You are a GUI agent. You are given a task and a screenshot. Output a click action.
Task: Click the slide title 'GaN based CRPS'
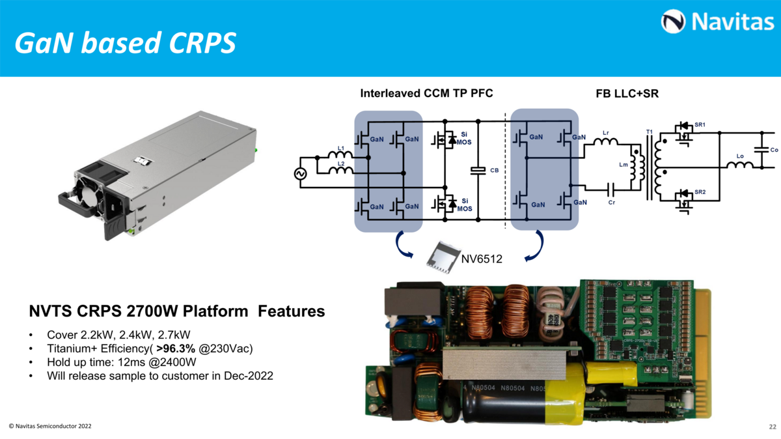(x=125, y=43)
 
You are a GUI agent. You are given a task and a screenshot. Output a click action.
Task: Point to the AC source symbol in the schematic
(x=301, y=174)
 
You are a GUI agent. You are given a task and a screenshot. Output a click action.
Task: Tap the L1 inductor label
(x=340, y=149)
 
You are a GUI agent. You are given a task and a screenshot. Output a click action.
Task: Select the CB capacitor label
(x=494, y=170)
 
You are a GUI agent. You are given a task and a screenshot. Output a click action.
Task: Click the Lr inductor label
(x=606, y=134)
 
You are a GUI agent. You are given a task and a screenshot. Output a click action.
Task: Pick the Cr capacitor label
(x=612, y=203)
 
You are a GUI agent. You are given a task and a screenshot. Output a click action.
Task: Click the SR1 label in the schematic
(x=700, y=123)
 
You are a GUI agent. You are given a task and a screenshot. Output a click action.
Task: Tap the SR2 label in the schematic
(x=700, y=192)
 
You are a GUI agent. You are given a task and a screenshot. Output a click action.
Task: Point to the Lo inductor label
(x=740, y=156)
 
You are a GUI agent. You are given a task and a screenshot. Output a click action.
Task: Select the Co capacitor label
(x=774, y=150)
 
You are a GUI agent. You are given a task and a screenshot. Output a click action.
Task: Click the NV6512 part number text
(x=482, y=259)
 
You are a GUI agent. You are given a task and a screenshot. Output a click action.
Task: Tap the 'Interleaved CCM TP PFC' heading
(x=426, y=94)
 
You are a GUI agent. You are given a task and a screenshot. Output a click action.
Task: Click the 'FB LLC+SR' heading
(x=627, y=94)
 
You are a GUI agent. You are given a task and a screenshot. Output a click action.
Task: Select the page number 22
(x=773, y=427)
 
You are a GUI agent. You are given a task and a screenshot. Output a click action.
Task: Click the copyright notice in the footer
(x=50, y=426)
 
